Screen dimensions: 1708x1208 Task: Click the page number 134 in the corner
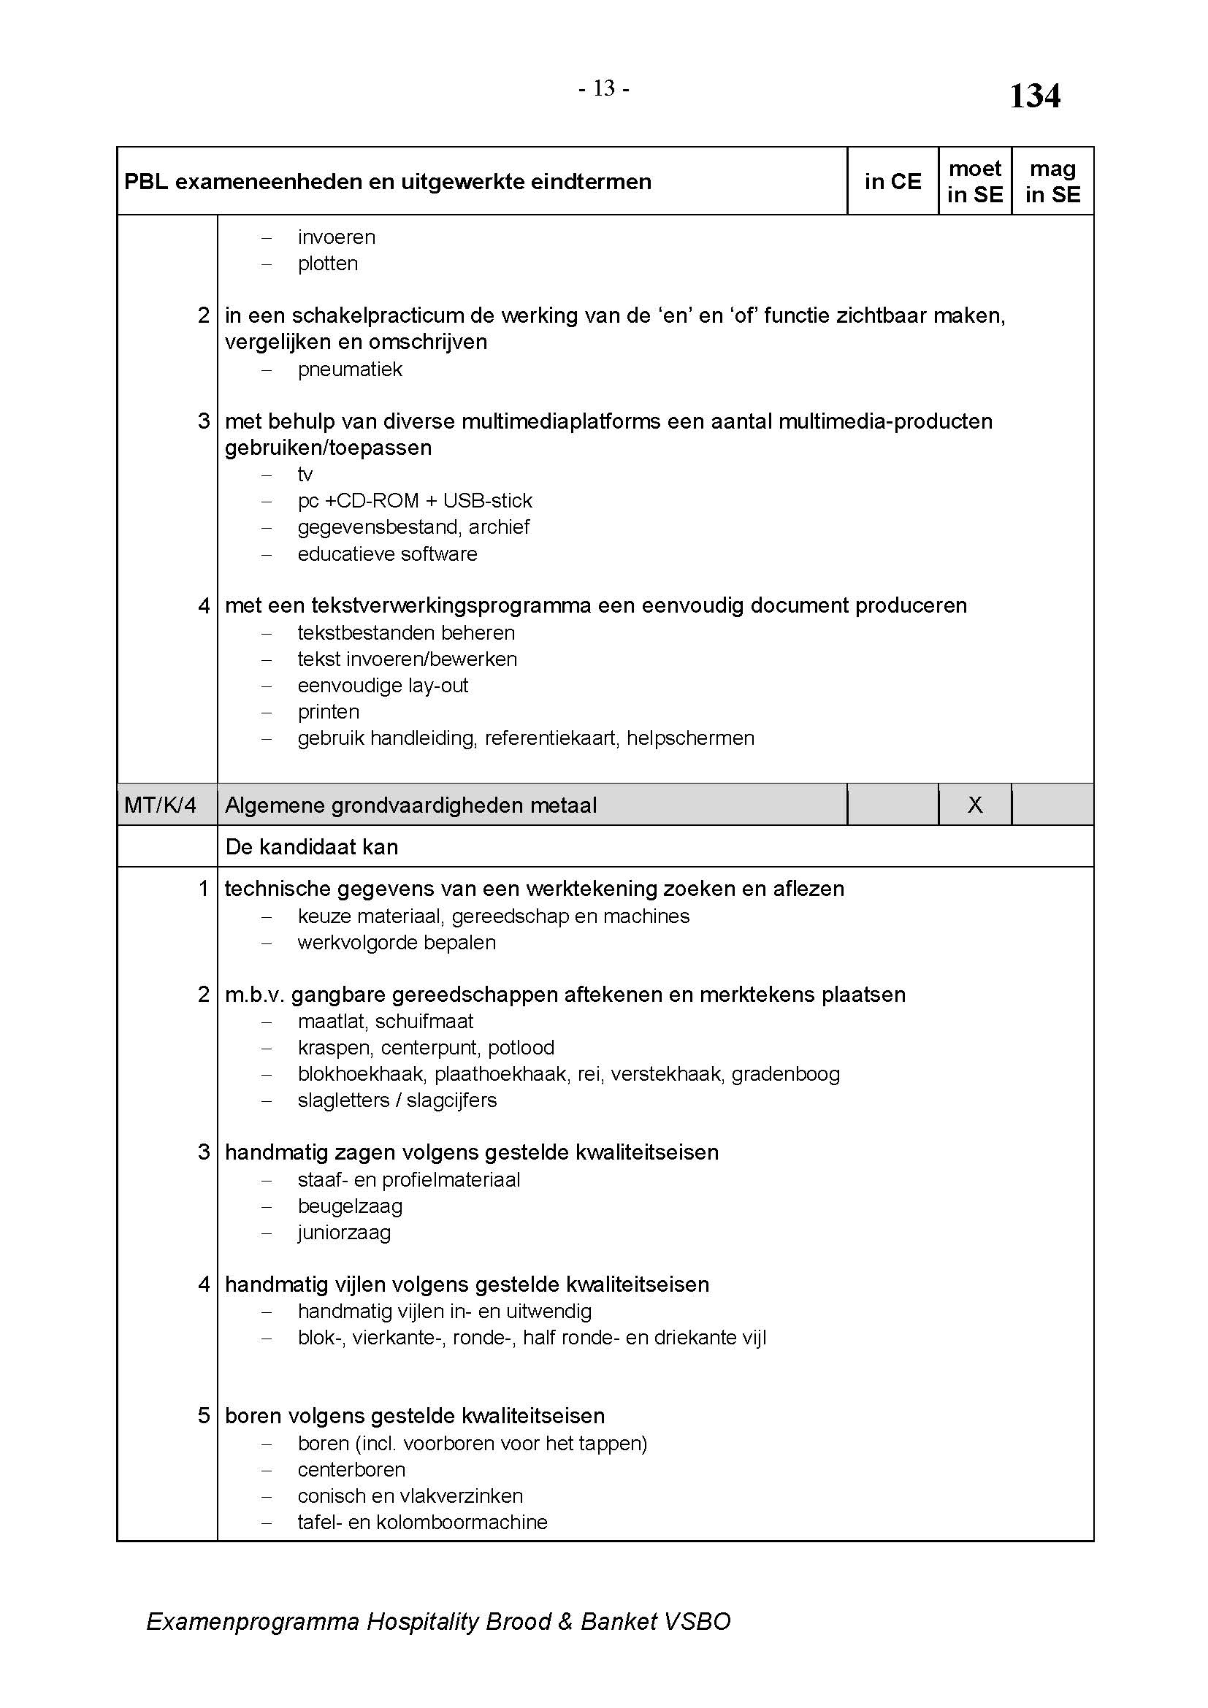pyautogui.click(x=1034, y=96)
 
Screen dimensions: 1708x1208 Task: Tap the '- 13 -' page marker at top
pyautogui.click(x=603, y=89)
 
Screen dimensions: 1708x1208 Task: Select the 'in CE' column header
pyautogui.click(x=892, y=182)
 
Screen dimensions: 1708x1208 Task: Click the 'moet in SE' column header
pyautogui.click(x=974, y=182)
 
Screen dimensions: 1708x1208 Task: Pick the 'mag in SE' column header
pyautogui.click(x=1052, y=182)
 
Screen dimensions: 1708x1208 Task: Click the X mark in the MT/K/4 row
pyautogui.click(x=974, y=804)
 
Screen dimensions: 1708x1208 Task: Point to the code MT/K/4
pyautogui.click(x=160, y=805)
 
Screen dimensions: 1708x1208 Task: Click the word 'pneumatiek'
pyautogui.click(x=350, y=369)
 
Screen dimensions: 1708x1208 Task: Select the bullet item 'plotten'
pyautogui.click(x=327, y=264)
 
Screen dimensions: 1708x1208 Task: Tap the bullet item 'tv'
pyautogui.click(x=305, y=475)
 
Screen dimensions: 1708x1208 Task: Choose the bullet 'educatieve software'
pyautogui.click(x=387, y=554)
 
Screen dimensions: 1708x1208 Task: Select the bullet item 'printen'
pyautogui.click(x=328, y=712)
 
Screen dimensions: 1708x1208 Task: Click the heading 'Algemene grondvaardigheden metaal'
pyautogui.click(x=410, y=805)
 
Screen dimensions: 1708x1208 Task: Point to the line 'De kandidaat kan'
pyautogui.click(x=311, y=846)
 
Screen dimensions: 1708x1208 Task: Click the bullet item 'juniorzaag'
pyautogui.click(x=344, y=1232)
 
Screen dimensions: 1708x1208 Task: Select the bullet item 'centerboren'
pyautogui.click(x=351, y=1469)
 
